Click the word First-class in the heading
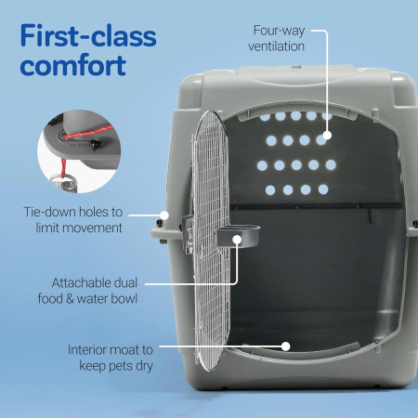[89, 37]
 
